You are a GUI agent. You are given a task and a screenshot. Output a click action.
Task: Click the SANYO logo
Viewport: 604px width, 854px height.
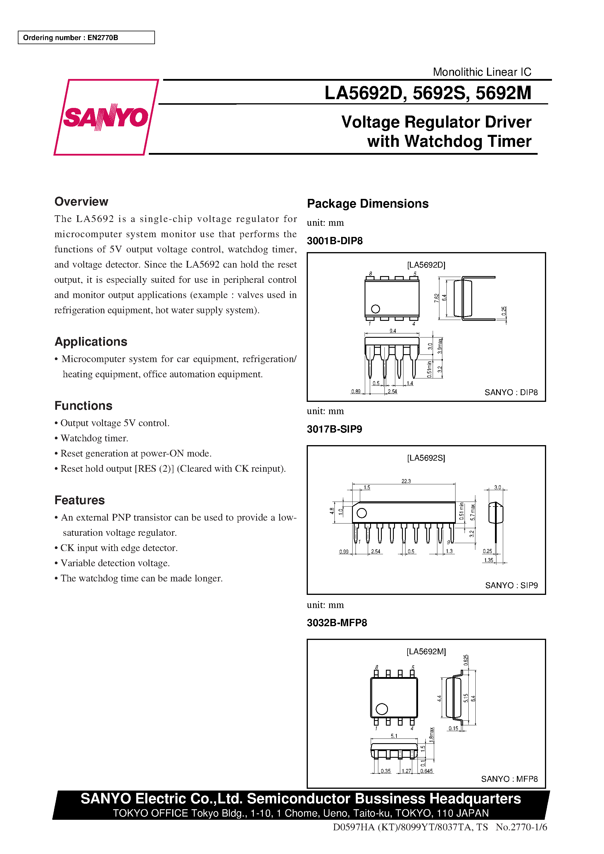(106, 117)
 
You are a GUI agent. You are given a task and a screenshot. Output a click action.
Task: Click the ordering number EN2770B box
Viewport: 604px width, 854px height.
(86, 37)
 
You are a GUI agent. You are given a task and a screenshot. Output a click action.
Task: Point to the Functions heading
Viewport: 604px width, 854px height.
(83, 405)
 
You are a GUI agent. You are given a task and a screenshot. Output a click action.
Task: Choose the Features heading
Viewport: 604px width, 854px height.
(80, 500)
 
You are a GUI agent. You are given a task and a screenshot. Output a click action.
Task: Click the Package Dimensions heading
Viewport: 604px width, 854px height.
(367, 204)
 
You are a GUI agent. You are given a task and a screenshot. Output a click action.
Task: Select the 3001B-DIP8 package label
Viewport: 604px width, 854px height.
(335, 241)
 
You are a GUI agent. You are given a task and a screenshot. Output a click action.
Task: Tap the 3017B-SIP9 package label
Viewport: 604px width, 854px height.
(334, 429)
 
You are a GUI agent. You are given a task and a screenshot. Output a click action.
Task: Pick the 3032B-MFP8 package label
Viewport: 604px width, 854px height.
(337, 623)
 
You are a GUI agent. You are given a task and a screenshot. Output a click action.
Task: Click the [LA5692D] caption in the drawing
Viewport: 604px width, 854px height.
(426, 265)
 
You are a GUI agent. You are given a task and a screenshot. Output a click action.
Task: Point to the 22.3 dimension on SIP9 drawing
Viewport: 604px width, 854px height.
(406, 481)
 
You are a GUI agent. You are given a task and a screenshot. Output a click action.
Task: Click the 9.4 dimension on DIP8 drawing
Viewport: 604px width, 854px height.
(393, 331)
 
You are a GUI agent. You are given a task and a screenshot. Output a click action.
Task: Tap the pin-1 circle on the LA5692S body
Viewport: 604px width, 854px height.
(362, 513)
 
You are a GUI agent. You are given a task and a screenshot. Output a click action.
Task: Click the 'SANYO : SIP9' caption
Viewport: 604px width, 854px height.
(511, 586)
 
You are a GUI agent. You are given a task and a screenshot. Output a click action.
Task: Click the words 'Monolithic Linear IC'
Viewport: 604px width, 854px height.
(482, 72)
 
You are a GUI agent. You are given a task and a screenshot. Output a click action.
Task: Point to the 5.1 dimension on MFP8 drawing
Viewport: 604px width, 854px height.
(394, 736)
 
